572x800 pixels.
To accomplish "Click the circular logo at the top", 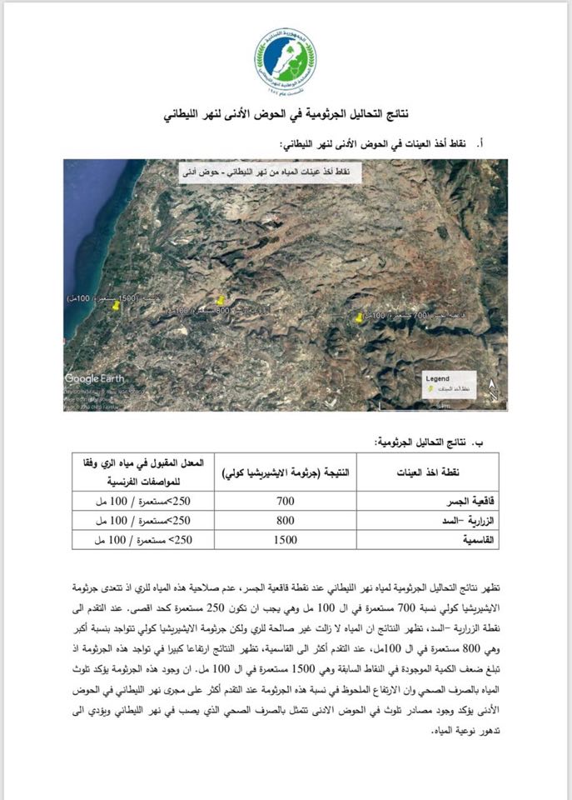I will [x=286, y=59].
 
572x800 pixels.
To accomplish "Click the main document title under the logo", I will [x=286, y=116].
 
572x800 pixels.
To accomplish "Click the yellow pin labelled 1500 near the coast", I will [x=117, y=306].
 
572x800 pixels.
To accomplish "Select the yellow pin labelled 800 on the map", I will [x=221, y=301].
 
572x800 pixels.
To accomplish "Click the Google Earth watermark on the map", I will [x=95, y=378].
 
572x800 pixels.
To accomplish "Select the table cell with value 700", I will [x=286, y=502].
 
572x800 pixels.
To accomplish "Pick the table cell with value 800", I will [x=286, y=521].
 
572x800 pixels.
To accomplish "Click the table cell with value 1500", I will [x=286, y=539].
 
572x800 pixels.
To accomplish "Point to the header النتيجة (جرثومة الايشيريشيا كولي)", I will [x=286, y=472].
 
